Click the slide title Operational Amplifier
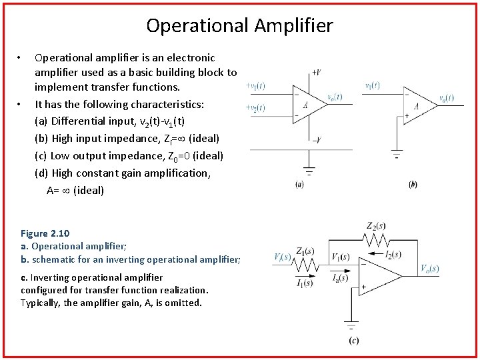pyautogui.click(x=239, y=26)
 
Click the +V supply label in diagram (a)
pyautogui.click(x=317, y=71)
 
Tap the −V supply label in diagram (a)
pyautogui.click(x=317, y=140)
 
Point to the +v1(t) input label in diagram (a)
pyautogui.click(x=255, y=86)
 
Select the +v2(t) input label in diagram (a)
pyautogui.click(x=255, y=108)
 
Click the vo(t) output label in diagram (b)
pyautogui.click(x=447, y=98)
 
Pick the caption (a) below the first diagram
pyautogui.click(x=299, y=185)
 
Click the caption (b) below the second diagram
pyautogui.click(x=413, y=185)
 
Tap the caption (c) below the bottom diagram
pyautogui.click(x=353, y=341)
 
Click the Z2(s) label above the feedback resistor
pyautogui.click(x=376, y=225)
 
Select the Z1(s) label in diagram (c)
pyautogui.click(x=305, y=251)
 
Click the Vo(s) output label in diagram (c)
pyautogui.click(x=429, y=269)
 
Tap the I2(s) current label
pyautogui.click(x=393, y=254)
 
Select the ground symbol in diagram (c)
pyautogui.click(x=351, y=327)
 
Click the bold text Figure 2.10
pyautogui.click(x=45, y=233)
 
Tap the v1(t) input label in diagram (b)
pyautogui.click(x=373, y=85)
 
